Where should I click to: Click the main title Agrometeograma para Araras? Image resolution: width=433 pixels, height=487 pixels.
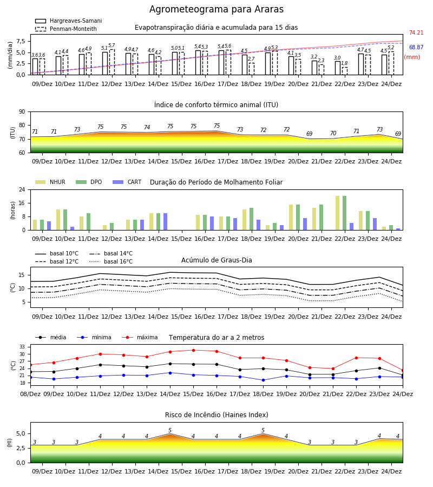coord(216,9)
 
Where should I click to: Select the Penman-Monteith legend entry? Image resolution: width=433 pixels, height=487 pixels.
coord(66,29)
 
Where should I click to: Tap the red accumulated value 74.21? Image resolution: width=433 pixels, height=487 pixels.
coord(416,32)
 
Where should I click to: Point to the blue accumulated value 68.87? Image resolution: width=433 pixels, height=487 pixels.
coord(416,47)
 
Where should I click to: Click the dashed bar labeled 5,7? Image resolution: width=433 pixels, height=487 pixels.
coord(112,62)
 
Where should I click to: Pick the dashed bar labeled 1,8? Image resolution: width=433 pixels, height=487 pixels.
coord(345,71)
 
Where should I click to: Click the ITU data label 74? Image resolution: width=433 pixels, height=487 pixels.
coord(147,127)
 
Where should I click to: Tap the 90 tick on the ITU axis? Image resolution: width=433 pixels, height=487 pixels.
coord(22,112)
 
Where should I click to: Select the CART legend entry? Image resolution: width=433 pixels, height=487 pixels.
coord(127,182)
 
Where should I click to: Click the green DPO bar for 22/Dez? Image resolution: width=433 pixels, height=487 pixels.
coord(344,213)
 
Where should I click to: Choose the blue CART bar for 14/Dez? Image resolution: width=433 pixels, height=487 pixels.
coord(165,222)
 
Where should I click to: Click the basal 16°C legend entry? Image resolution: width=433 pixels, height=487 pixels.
coord(111,261)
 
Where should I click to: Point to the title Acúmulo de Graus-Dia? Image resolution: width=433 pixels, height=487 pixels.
coord(216,260)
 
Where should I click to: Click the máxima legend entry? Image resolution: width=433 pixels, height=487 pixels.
coord(140,337)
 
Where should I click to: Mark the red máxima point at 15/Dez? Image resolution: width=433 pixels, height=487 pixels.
coord(194,350)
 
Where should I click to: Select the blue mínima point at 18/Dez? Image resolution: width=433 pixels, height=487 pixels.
coord(264,380)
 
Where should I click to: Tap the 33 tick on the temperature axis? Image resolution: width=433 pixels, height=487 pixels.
coord(22,347)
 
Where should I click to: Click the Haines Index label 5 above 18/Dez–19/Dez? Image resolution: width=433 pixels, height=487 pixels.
coord(263,431)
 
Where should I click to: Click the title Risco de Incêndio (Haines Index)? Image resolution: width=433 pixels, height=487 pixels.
coord(216,415)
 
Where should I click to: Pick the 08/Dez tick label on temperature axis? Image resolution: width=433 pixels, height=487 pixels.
coord(30,394)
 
